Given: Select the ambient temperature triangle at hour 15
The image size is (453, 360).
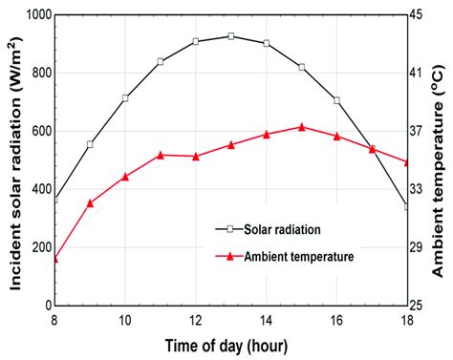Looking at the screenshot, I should coord(301,126).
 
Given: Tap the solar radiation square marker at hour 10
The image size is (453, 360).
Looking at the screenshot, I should coord(125,98).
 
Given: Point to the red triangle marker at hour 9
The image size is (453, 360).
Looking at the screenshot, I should coord(90,202).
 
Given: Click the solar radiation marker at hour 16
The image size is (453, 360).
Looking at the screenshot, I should coord(336,100).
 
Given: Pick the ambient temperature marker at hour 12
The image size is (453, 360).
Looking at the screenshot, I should coord(196,156).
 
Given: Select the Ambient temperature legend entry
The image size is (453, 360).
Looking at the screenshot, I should coord(298,256).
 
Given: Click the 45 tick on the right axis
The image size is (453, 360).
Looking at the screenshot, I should coord(421,15).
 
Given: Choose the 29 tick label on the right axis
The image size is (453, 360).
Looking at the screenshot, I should coord(421,247).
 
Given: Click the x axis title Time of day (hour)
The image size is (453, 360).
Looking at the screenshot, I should coord(230,345).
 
